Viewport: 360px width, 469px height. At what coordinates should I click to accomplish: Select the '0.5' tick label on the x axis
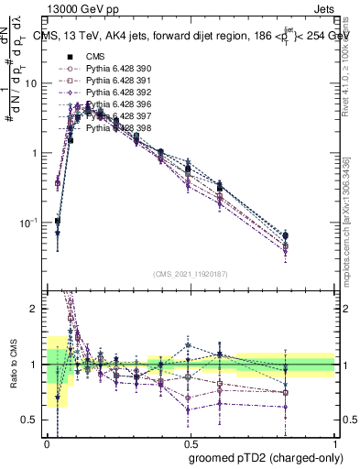click(x=191, y=442)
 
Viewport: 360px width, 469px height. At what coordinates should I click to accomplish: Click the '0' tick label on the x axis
click(x=47, y=442)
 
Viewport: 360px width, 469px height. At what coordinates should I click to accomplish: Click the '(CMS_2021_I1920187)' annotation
click(x=191, y=274)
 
